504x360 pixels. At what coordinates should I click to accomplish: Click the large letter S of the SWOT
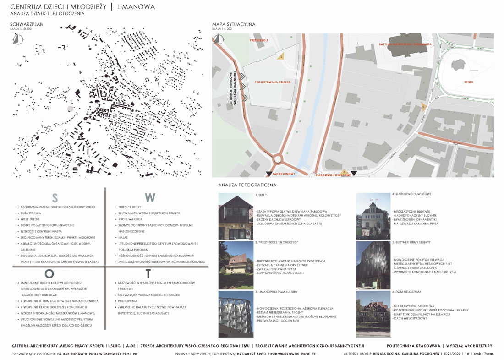point(55,198)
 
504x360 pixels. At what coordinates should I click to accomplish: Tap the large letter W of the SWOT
point(150,197)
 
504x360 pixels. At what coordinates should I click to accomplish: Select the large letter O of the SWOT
point(49,273)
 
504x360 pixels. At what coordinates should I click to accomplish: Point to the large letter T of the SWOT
point(148,274)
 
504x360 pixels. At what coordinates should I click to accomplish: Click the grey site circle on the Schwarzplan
point(70,109)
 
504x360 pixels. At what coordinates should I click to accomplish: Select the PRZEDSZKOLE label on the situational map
point(259,40)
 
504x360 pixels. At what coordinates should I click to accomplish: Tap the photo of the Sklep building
point(236,217)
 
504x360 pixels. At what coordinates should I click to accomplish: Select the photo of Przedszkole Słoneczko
point(236,266)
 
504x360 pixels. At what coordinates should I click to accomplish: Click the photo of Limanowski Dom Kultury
point(236,314)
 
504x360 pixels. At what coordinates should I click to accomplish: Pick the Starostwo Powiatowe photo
point(373,217)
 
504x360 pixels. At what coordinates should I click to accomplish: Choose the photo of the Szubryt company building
point(373,266)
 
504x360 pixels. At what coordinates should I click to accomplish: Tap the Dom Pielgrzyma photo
point(373,314)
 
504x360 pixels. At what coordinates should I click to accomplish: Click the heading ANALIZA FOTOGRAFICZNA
point(247,185)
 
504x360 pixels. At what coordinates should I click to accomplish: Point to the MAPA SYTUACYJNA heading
point(234,24)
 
